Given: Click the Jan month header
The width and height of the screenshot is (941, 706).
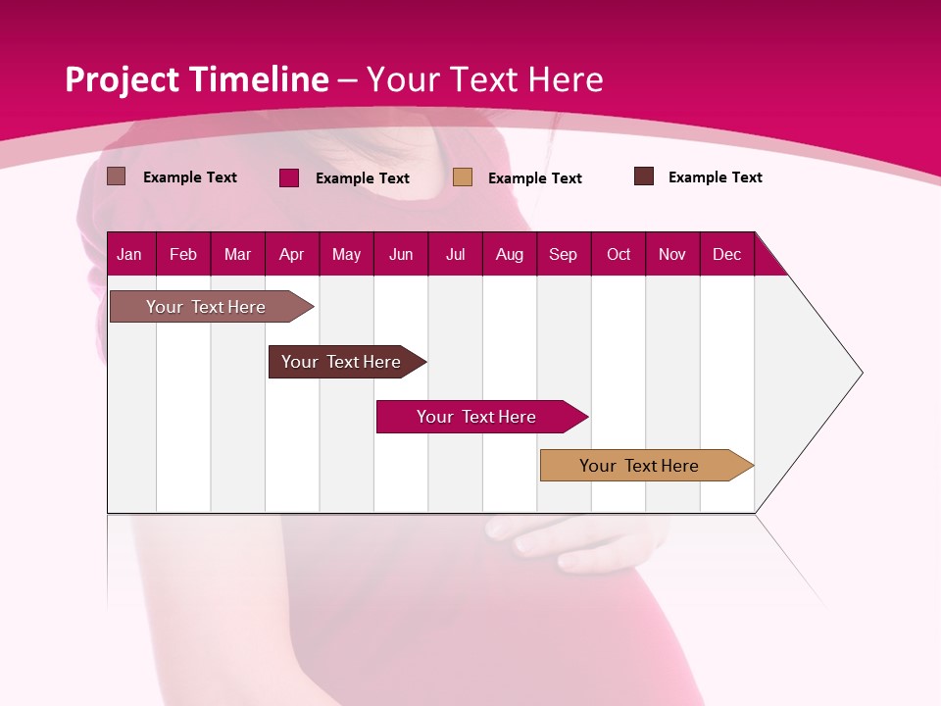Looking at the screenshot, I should [129, 255].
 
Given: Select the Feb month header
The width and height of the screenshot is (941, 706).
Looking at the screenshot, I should [183, 255].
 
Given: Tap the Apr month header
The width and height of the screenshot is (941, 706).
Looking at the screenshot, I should [291, 255].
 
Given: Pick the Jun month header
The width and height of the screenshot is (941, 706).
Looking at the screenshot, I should [401, 255].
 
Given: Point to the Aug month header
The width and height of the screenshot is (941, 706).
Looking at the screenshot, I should [509, 255].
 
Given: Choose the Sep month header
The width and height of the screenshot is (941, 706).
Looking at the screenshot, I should [563, 255].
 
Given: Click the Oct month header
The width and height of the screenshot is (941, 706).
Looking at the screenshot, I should [619, 255].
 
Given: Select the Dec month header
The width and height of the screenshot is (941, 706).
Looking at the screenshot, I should [726, 255].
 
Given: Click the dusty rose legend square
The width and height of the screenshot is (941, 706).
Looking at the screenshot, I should [117, 176].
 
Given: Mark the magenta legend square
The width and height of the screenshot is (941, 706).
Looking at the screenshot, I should [289, 177].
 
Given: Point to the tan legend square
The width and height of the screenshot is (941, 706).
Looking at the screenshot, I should [463, 177].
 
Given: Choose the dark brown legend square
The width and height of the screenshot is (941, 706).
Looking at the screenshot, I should [644, 176].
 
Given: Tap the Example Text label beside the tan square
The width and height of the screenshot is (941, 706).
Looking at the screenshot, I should [535, 178].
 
